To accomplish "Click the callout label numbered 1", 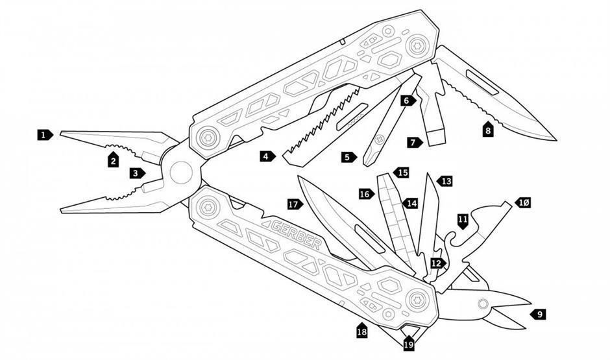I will tap(43, 135).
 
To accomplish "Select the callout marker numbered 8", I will tap(488, 129).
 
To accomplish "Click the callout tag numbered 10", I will tap(523, 203).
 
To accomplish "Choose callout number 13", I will tap(445, 182).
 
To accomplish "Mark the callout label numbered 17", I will tap(295, 204).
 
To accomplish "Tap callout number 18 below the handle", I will tap(361, 331).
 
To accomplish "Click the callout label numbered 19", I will tap(408, 344).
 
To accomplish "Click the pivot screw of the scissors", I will tap(483, 303).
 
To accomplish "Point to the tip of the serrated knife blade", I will tap(555, 139).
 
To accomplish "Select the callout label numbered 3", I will tap(135, 173).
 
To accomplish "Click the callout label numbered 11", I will tap(463, 221).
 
